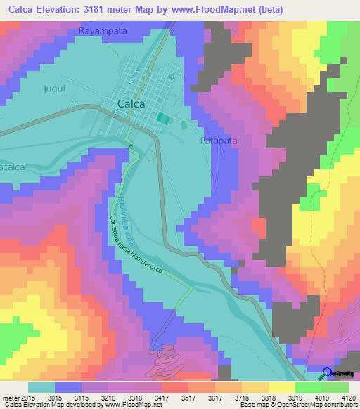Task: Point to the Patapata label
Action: (x=219, y=141)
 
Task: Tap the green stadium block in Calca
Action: (x=163, y=119)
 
